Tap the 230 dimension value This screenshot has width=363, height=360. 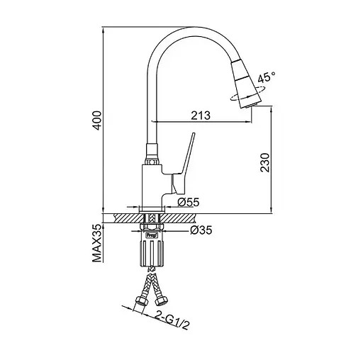(265, 163)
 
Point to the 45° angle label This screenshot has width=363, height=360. (267, 78)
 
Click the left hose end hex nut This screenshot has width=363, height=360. (140, 301)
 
